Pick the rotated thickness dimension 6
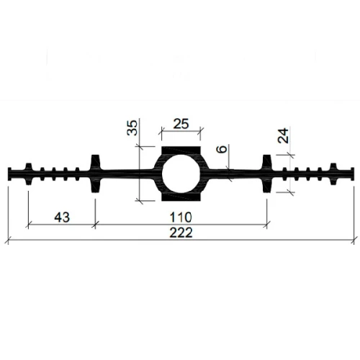[222, 153]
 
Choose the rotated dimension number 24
[282, 137]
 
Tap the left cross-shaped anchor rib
[95, 174]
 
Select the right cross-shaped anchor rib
[266, 174]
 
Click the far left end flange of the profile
[13, 174]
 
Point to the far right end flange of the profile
[351, 174]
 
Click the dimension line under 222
[108, 241]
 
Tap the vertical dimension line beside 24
[290, 173]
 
